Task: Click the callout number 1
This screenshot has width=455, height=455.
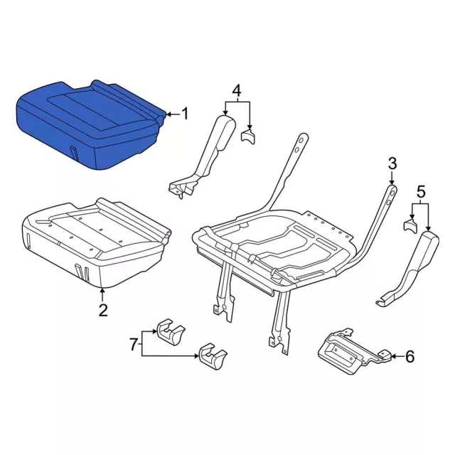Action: pyautogui.click(x=185, y=114)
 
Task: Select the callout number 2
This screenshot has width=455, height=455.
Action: pyautogui.click(x=103, y=310)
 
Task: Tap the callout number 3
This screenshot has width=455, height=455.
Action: pyautogui.click(x=392, y=164)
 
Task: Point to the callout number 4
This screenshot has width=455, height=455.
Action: pyautogui.click(x=237, y=90)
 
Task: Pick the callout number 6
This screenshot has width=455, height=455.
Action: pyautogui.click(x=409, y=356)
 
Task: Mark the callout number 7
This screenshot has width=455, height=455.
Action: pyautogui.click(x=133, y=344)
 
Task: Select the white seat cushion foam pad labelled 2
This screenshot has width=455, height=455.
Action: pyautogui.click(x=97, y=242)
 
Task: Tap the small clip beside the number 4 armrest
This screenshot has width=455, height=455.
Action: pyautogui.click(x=248, y=136)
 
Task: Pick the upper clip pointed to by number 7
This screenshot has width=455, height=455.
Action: pyautogui.click(x=171, y=332)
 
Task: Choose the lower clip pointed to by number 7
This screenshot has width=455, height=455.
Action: pyautogui.click(x=213, y=357)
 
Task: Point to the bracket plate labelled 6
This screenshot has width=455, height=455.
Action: pyautogui.click(x=353, y=350)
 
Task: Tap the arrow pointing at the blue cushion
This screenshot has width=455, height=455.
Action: pyautogui.click(x=173, y=114)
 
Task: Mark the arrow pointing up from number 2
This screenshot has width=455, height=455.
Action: pyautogui.click(x=102, y=294)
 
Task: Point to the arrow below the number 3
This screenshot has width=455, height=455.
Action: pyautogui.click(x=392, y=178)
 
